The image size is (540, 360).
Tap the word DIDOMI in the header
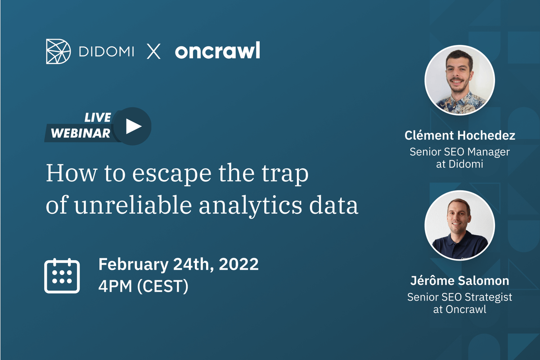coord(106,52)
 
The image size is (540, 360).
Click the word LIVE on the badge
coord(98,118)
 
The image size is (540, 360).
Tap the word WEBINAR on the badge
coord(81,133)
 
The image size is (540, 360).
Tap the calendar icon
coord(62,276)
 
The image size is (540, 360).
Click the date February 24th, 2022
coord(178,264)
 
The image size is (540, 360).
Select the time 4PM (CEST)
coord(143,287)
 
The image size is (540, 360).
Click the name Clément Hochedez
coord(459,135)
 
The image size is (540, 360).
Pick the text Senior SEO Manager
coord(459,152)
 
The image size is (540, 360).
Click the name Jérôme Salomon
coord(459,281)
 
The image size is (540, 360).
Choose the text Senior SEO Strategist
coord(459,297)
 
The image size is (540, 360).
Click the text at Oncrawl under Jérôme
coord(459,310)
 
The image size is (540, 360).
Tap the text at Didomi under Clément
coord(459,164)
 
